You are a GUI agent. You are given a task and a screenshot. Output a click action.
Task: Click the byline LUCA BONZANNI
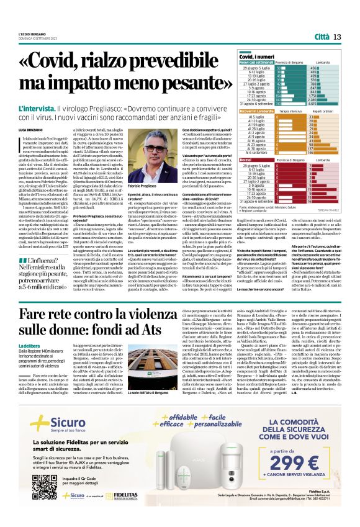pos(30,128)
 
